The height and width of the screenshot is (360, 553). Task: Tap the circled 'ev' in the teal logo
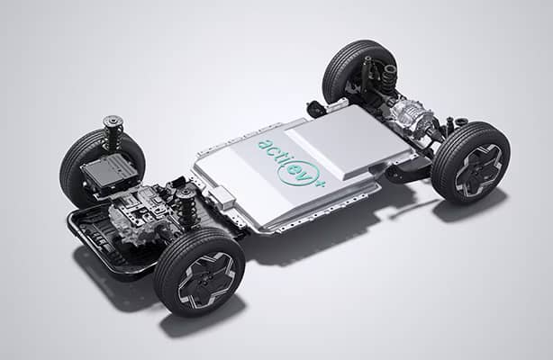(299, 172)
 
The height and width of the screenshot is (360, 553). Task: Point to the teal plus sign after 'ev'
(321, 184)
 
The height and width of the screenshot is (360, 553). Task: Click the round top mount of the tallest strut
(113, 121)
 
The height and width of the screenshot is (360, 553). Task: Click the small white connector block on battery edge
(222, 197)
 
